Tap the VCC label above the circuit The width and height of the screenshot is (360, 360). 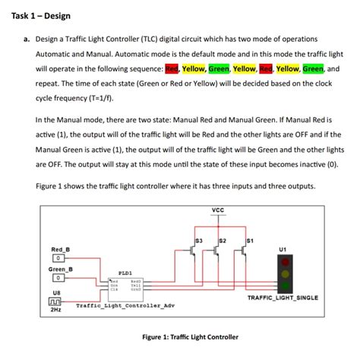pos(218,210)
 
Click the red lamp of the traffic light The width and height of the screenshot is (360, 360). pos(285,261)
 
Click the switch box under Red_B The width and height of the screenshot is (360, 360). pos(56,258)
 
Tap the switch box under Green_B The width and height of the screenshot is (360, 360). pos(56,278)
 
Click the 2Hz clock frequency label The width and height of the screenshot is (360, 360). pos(55,310)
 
